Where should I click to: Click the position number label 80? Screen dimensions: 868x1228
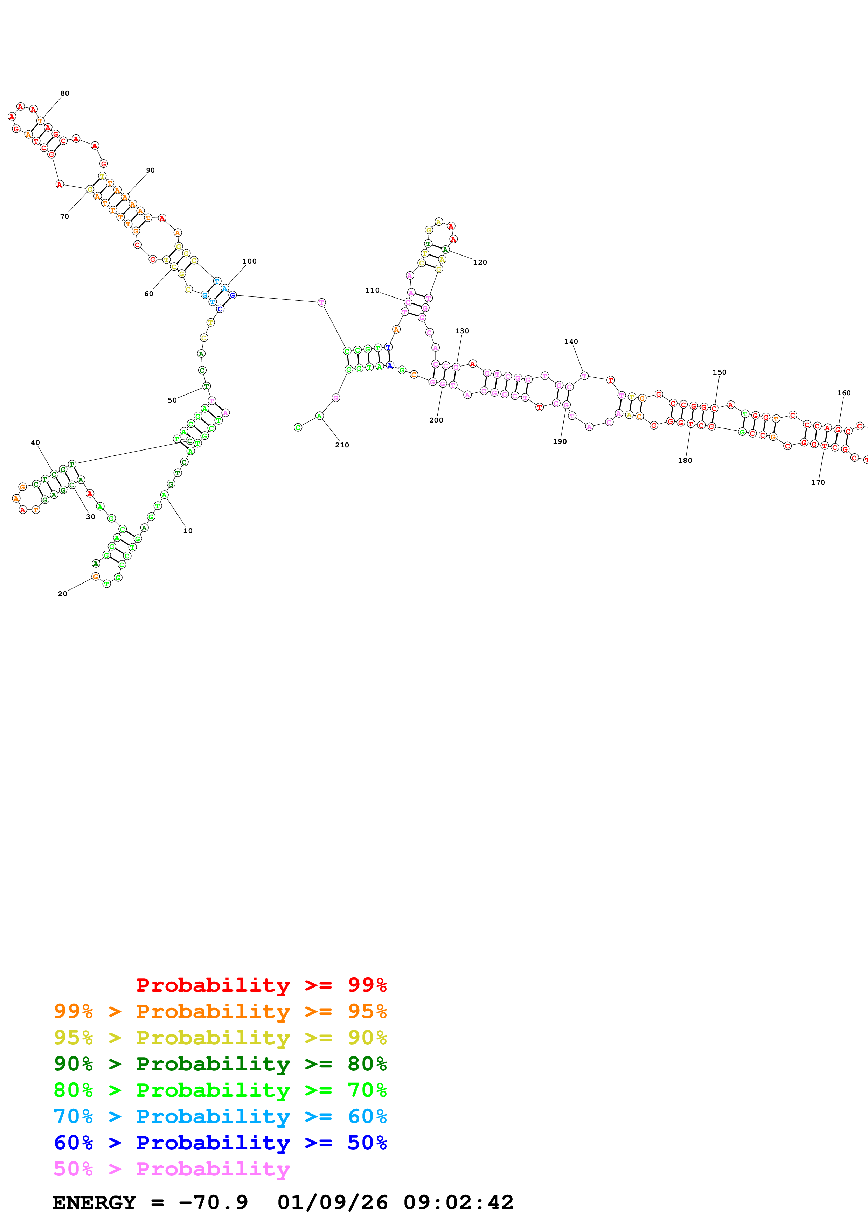point(65,93)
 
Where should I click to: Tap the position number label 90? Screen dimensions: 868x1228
point(150,170)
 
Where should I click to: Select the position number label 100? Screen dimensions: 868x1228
point(249,261)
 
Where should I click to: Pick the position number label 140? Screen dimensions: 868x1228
point(571,341)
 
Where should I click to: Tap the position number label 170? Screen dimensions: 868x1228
point(817,482)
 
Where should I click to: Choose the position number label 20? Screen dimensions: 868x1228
point(63,594)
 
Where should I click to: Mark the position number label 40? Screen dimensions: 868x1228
point(35,442)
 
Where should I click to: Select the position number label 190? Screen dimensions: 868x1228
point(560,441)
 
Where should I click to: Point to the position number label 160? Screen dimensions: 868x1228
point(843,392)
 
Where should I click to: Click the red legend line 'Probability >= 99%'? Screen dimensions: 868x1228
point(261,985)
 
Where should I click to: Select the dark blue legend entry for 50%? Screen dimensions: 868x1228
point(220,1143)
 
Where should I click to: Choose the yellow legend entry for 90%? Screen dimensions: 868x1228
point(220,1038)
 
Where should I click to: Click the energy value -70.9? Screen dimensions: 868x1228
point(213,1203)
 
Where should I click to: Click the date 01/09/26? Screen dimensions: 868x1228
point(333,1203)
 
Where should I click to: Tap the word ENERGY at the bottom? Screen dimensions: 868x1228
point(94,1203)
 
